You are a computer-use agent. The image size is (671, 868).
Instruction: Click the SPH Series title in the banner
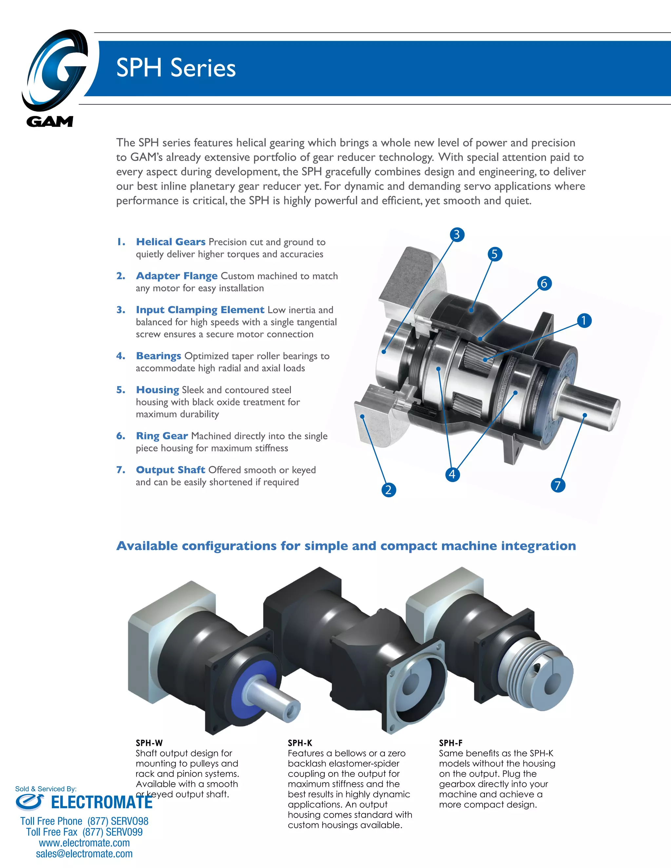click(176, 67)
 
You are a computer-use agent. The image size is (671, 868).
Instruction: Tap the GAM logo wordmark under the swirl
click(50, 121)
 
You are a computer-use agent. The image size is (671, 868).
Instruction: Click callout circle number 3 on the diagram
click(457, 235)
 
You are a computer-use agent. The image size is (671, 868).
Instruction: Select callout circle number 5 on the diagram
click(494, 254)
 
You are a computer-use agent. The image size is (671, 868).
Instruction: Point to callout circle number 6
click(544, 283)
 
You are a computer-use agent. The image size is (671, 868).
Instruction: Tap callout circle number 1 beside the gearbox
click(584, 320)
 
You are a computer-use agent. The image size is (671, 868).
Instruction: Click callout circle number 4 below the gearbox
click(452, 474)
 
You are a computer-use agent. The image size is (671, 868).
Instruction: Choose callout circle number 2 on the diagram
click(388, 489)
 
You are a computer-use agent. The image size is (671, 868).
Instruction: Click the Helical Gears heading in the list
click(170, 242)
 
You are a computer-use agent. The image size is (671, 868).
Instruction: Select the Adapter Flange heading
click(177, 276)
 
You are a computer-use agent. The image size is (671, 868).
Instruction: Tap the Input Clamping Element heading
click(200, 310)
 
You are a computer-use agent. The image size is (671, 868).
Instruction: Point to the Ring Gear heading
click(162, 436)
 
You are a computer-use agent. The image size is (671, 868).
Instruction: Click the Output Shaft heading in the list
click(170, 470)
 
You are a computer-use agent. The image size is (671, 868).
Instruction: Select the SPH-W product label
click(149, 743)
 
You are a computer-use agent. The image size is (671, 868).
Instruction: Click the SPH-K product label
click(300, 743)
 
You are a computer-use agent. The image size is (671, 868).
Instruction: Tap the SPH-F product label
click(451, 743)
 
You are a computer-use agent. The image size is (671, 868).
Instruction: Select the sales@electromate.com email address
click(84, 854)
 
